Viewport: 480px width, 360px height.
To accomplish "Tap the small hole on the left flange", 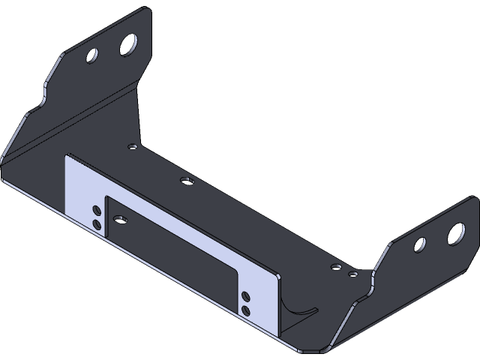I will (x=91, y=55).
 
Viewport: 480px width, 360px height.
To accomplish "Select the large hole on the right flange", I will (x=454, y=235).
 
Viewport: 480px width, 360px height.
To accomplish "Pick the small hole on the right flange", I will (x=420, y=244).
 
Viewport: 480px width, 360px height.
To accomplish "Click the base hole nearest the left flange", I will (x=132, y=145).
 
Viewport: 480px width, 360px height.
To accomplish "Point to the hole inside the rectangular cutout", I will (x=119, y=218).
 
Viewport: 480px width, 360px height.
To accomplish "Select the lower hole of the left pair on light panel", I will (x=97, y=223).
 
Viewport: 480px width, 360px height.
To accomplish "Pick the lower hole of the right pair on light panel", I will (x=246, y=310).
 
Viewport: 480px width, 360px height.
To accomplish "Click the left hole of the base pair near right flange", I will (x=335, y=266).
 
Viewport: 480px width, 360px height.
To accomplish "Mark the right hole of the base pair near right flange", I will (x=352, y=274).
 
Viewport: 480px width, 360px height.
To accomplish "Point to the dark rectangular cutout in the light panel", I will (x=172, y=247).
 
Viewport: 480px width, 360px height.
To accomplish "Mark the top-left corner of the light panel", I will (x=68, y=156).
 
